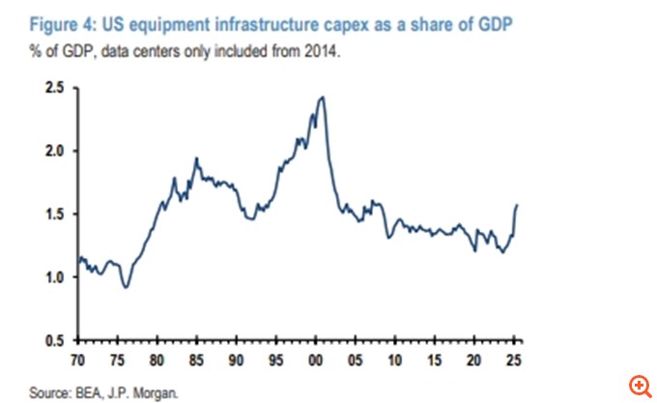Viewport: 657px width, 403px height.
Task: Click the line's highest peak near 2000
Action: coord(322,97)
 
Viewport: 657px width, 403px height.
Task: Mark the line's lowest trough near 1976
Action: coord(125,287)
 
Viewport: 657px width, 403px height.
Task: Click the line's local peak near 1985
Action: coord(197,158)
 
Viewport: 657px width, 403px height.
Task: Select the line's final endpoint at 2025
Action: coord(518,205)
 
